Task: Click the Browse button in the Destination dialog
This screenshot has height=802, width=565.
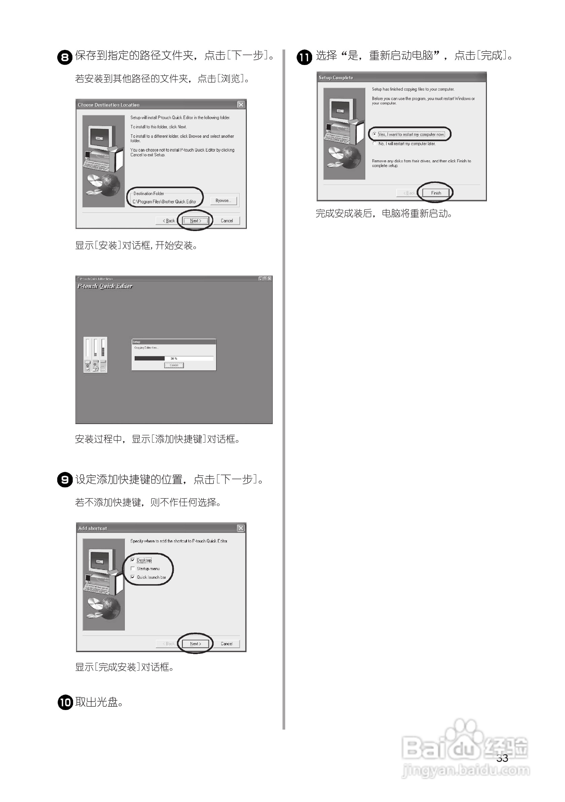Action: pos(223,200)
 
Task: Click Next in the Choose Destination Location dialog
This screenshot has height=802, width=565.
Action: pos(196,221)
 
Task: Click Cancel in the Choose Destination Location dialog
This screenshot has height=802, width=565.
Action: pos(227,221)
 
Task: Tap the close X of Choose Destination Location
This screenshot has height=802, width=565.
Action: pos(241,104)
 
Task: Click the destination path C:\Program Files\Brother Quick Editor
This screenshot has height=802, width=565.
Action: pos(164,201)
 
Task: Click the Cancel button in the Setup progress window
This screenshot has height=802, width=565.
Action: pos(174,365)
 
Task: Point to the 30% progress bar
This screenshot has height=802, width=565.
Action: pos(173,358)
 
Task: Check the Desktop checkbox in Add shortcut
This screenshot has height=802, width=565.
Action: pos(133,560)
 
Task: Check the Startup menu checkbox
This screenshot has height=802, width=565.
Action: pos(133,569)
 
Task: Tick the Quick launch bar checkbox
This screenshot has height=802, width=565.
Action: pos(133,577)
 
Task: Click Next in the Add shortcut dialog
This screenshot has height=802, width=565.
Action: pos(196,643)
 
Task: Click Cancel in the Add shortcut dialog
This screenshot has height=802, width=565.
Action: pos(227,643)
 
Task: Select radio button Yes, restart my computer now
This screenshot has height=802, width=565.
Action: pos(375,134)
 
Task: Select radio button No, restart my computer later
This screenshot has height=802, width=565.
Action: pos(375,143)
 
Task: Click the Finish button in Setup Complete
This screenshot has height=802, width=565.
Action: pos(436,193)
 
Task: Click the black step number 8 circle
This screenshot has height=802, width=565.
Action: pos(65,57)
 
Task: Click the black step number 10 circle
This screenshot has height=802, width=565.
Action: pos(65,702)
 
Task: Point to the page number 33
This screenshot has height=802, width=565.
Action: pos(502,758)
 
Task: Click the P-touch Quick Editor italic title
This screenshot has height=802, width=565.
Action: pos(105,286)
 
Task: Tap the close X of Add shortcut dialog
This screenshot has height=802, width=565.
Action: pos(241,528)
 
